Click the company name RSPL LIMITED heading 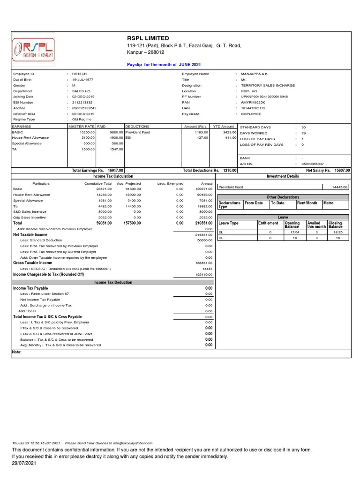(x=148, y=38)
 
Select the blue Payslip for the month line (x=164, y=64)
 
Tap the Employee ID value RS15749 (x=80, y=75)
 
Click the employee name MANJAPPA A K (x=254, y=75)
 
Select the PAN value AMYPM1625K (x=254, y=103)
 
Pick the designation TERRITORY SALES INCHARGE (x=268, y=86)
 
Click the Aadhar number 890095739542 (x=84, y=108)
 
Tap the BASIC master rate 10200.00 (x=88, y=133)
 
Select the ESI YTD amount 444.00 (x=230, y=138)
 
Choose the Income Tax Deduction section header (x=112, y=283)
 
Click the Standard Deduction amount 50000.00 (x=204, y=240)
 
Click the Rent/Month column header (x=307, y=203)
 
